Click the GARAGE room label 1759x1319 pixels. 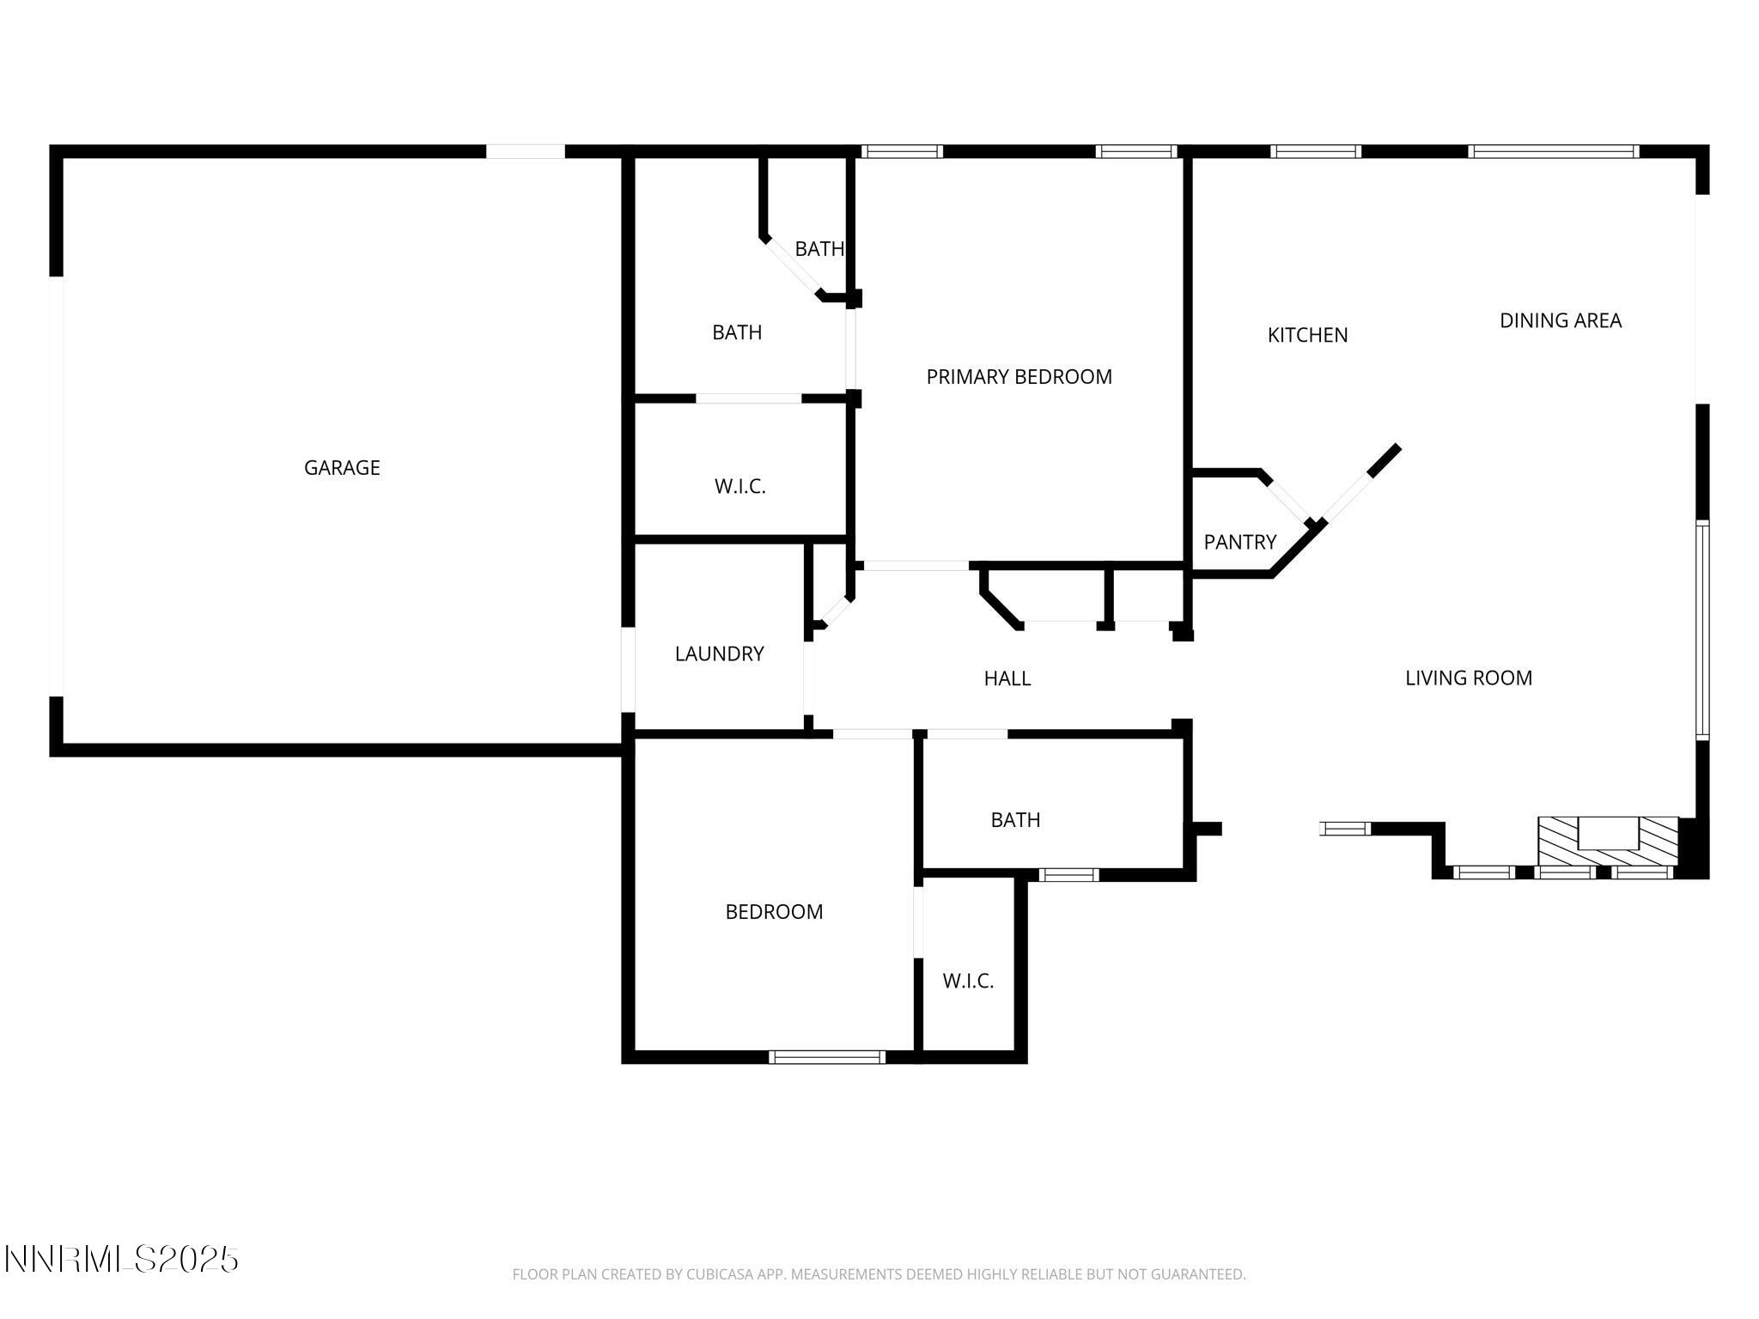[342, 468]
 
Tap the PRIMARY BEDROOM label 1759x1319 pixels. [1019, 377]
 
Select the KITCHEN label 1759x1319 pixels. [1307, 336]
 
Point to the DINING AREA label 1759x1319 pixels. [1560, 321]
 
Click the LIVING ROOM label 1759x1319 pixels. [1468, 678]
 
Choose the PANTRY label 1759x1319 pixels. [1239, 543]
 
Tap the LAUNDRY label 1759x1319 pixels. [719, 654]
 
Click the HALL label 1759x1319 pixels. [1007, 679]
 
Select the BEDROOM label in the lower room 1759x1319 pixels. [774, 912]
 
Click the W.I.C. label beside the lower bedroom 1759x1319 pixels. [968, 982]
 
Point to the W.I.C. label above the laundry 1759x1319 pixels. [740, 487]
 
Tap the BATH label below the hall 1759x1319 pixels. [1015, 820]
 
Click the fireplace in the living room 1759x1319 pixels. [1607, 842]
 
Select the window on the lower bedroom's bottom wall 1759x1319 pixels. [826, 1057]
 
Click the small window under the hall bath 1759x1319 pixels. [1068, 875]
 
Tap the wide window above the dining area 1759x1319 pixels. [1553, 152]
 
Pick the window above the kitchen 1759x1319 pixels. [1315, 152]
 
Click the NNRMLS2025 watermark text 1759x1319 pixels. [121, 1260]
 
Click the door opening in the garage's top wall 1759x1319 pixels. [526, 152]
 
